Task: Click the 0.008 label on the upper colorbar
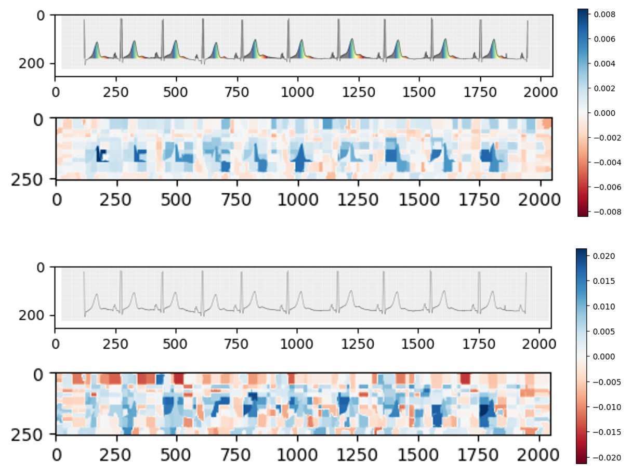pyautogui.click(x=604, y=15)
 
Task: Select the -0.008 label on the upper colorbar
pyautogui.click(x=603, y=211)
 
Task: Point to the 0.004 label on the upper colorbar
pyautogui.click(x=604, y=64)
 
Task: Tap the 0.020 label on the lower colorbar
pyautogui.click(x=604, y=256)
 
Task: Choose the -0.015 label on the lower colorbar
pyautogui.click(x=603, y=432)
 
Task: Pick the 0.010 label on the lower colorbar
pyautogui.click(x=604, y=306)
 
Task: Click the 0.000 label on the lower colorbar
pyautogui.click(x=604, y=356)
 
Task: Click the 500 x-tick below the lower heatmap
pyautogui.click(x=177, y=455)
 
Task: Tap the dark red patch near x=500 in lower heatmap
pyautogui.click(x=178, y=378)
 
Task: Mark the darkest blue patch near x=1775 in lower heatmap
pyautogui.click(x=486, y=410)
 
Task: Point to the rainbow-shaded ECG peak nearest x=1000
pyautogui.click(x=300, y=49)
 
